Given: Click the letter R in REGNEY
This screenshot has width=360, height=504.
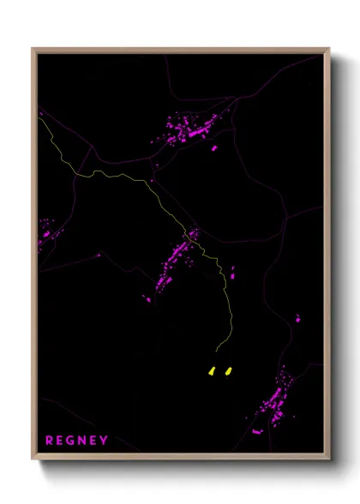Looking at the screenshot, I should (50, 441).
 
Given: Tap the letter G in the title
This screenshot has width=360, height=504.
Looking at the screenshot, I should (74, 441).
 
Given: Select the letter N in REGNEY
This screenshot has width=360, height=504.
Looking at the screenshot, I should (86, 441).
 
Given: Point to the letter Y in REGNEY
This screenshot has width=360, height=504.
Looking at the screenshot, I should (105, 441).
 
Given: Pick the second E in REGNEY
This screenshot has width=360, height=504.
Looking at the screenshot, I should (95, 441).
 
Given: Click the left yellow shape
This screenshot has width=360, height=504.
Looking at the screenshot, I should (212, 371).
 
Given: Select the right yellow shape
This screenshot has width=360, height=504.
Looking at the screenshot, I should (227, 371).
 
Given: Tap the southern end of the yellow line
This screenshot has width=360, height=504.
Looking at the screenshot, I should (217, 351).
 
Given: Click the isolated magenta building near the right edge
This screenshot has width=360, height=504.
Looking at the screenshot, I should (298, 319).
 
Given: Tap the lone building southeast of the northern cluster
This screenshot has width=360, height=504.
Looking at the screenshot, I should (214, 148).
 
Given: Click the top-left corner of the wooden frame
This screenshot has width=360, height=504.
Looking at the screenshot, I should (33, 49).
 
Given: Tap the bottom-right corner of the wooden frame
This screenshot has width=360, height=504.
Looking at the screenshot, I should (328, 459).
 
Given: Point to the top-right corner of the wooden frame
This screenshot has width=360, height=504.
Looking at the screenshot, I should (328, 49).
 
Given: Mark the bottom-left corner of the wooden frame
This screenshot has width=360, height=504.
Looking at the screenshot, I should (33, 459).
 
